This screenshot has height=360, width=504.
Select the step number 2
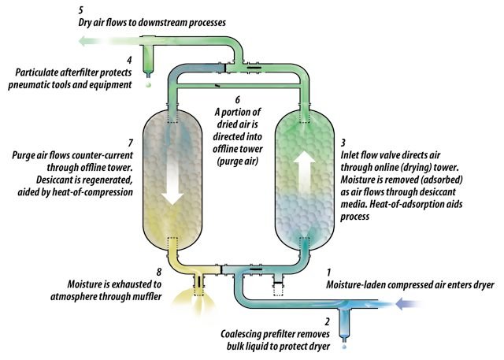point(328,322)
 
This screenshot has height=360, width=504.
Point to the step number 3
point(342,143)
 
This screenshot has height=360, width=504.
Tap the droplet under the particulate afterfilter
point(147,84)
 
